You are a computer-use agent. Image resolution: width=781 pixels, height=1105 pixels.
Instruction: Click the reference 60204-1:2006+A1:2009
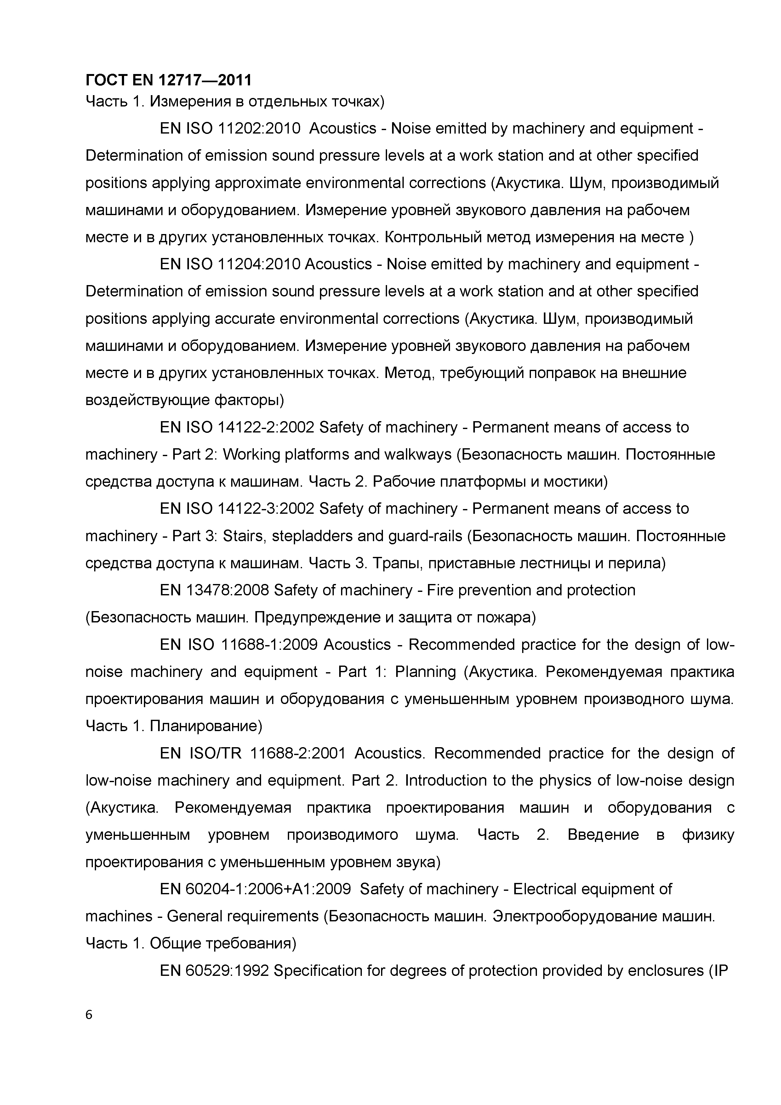point(268,889)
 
